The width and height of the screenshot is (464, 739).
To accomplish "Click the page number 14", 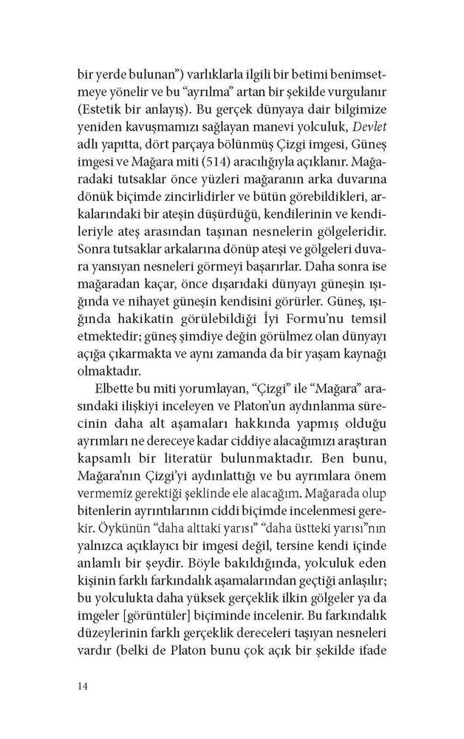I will (x=83, y=687).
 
